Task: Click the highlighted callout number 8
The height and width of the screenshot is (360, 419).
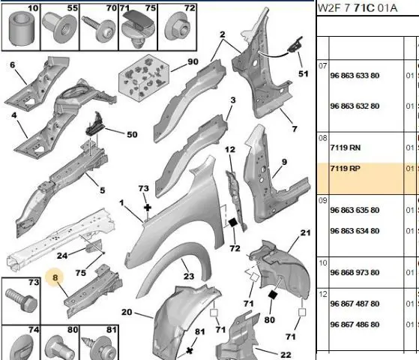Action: point(55,277)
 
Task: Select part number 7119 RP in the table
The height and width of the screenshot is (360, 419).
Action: point(346,169)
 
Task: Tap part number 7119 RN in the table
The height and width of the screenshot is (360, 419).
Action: point(346,148)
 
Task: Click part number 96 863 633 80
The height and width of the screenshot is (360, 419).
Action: point(355,76)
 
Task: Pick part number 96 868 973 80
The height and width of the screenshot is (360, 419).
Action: point(355,272)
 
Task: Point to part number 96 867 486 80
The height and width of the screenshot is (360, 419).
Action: point(355,325)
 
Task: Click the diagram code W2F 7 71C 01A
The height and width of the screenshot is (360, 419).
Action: point(358,8)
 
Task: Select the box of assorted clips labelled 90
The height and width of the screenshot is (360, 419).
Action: point(144,77)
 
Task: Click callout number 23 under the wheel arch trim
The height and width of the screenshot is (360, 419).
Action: point(189,276)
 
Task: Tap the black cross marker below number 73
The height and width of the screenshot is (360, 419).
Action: point(148,208)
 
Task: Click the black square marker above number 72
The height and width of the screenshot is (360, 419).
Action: point(232,222)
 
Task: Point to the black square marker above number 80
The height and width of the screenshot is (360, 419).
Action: point(273,295)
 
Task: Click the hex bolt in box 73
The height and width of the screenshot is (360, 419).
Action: point(22,300)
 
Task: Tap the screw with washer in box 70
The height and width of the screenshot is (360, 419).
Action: point(100,28)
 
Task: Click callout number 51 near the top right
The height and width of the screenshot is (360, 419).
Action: point(304,73)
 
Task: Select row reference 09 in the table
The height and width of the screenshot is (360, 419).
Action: point(323,200)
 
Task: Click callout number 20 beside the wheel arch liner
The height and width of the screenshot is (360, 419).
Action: point(127,312)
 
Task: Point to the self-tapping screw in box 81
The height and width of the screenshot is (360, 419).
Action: point(100,346)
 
